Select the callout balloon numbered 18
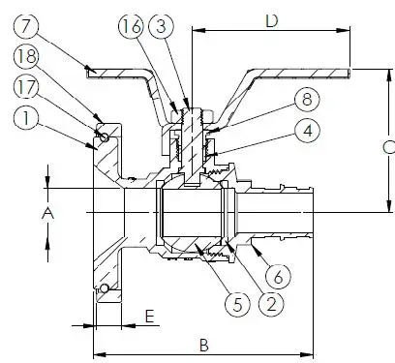pyautogui.click(x=28, y=61)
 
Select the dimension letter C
pyautogui.click(x=385, y=147)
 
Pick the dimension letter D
pyautogui.click(x=272, y=19)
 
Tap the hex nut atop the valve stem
pyautogui.click(x=190, y=113)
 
